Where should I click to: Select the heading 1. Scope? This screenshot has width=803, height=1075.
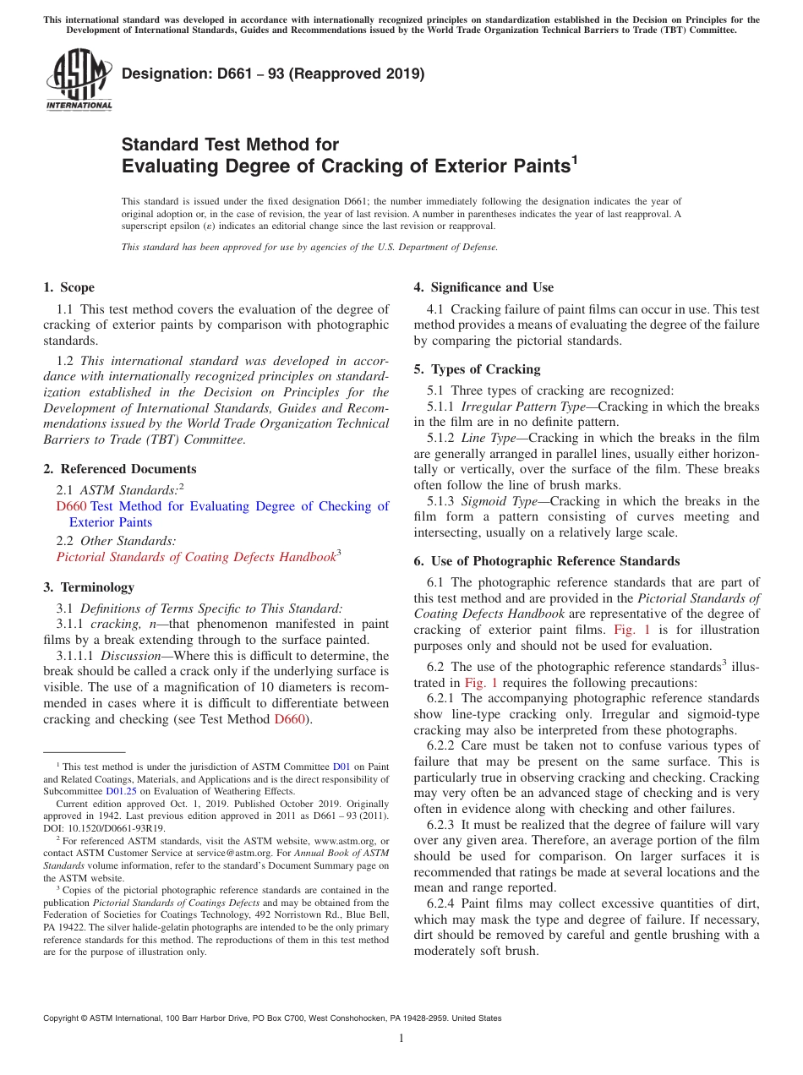[69, 287]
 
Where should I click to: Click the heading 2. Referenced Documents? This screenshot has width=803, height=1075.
[120, 469]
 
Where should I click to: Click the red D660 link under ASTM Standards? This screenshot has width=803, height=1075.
[71, 506]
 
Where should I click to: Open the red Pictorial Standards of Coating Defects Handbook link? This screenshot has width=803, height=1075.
[195, 557]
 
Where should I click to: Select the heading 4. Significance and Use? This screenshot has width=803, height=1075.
[483, 287]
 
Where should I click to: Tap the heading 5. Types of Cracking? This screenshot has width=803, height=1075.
[477, 369]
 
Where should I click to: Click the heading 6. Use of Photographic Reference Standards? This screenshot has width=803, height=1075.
[546, 561]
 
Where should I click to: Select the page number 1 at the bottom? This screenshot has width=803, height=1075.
[401, 1039]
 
